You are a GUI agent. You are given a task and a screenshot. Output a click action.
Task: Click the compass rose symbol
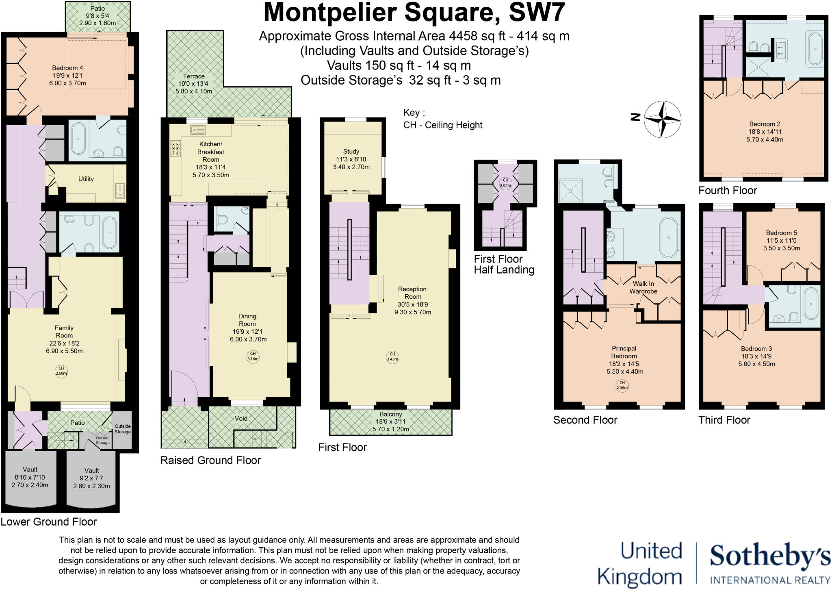(662, 119)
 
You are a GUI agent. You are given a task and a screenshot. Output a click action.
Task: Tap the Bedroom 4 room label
(67, 68)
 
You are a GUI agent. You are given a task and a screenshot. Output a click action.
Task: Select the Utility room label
(86, 179)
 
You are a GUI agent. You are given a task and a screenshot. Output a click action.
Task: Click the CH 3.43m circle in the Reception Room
(392, 356)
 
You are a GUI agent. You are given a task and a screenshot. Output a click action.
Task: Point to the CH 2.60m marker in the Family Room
(61, 371)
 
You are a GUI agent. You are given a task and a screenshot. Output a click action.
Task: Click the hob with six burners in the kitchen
(176, 148)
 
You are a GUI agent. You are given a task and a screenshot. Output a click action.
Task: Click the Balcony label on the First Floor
(390, 414)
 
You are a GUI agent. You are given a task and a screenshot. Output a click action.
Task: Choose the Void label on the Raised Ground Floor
(241, 418)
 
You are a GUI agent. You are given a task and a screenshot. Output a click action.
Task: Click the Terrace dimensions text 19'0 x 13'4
(194, 84)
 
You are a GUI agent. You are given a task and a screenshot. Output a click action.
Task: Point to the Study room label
(351, 151)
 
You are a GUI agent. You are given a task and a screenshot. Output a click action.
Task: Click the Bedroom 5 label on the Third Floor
(781, 233)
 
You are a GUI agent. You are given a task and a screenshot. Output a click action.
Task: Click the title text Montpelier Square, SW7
(414, 12)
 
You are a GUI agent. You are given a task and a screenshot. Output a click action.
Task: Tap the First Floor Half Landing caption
(504, 264)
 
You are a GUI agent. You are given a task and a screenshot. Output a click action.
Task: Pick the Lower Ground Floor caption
(49, 521)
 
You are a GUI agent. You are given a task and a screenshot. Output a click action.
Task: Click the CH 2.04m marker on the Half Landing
(505, 183)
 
